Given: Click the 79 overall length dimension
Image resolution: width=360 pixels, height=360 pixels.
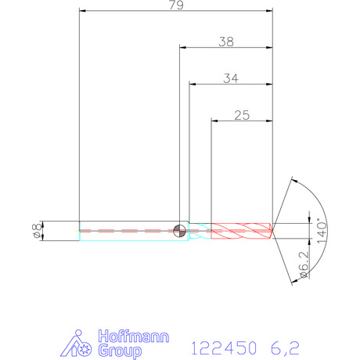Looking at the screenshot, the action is tap(176, 5).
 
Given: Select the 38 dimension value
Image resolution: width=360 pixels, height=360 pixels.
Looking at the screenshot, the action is tap(226, 41).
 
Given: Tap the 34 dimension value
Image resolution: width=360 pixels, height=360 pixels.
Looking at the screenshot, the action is tap(231, 78).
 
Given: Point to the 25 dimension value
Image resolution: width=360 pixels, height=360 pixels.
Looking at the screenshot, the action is tap(242, 115).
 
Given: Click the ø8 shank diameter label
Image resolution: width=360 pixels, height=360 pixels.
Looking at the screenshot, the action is tap(38, 231).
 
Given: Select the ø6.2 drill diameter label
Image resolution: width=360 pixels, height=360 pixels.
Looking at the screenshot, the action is tap(304, 265).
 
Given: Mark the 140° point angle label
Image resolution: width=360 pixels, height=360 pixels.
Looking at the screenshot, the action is tap(322, 231).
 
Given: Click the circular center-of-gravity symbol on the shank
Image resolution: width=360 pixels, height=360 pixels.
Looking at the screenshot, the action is tap(179, 231).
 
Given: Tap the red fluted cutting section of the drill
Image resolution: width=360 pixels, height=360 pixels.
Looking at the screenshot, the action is tap(242, 231).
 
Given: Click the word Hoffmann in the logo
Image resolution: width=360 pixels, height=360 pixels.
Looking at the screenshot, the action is tap(134, 337).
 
